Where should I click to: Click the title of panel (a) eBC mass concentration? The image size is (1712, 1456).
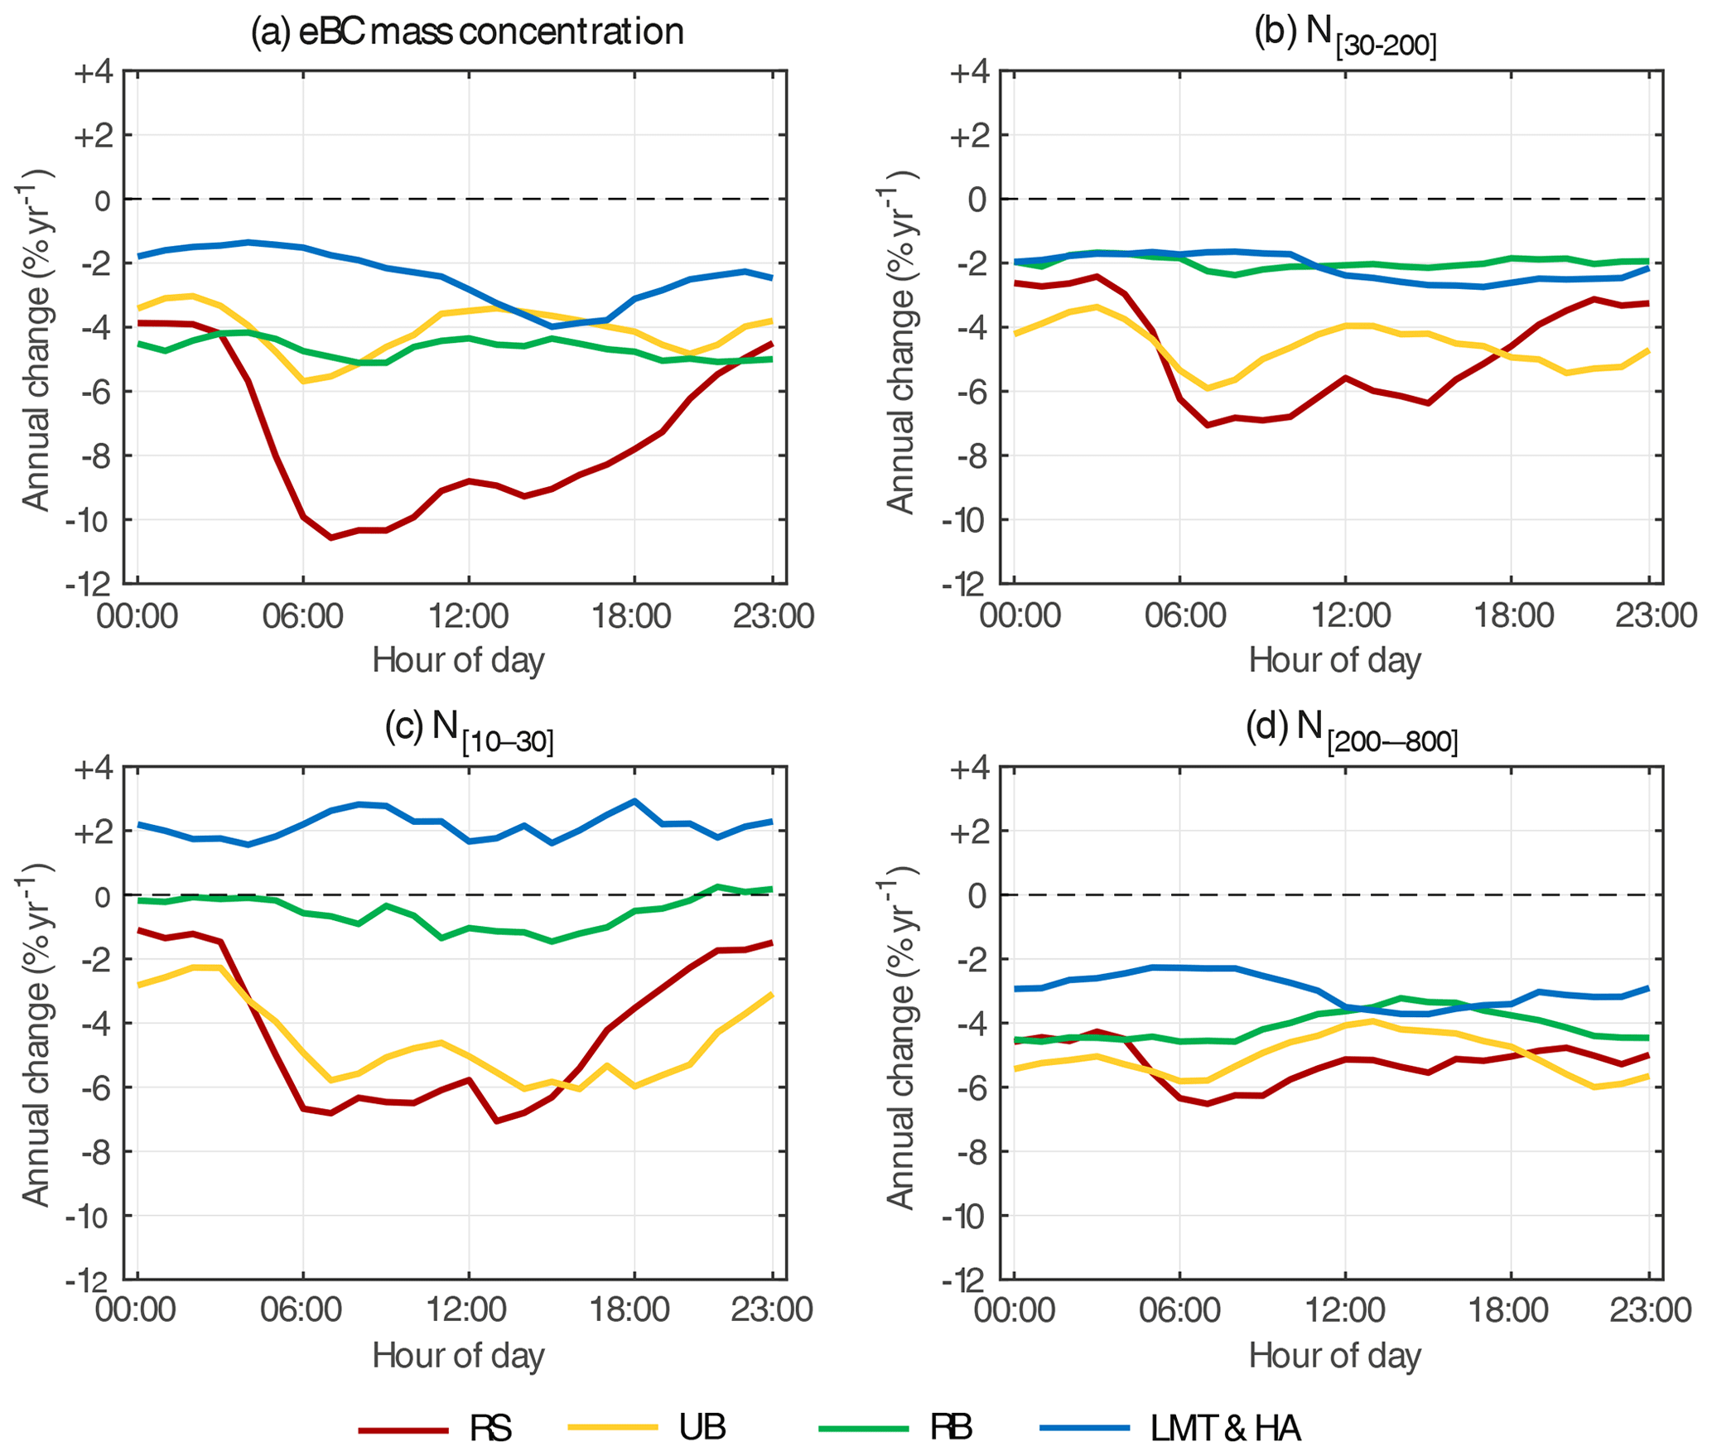click(467, 31)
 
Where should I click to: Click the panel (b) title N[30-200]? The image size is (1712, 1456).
click(1345, 35)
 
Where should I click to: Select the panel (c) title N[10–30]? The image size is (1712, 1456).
click(469, 730)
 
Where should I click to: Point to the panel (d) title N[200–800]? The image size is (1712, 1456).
click(1352, 730)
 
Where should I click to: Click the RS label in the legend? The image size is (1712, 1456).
click(490, 1428)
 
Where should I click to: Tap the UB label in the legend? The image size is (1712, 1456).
click(702, 1426)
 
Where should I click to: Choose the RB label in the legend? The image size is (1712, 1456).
click(951, 1426)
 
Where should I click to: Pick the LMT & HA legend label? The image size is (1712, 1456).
click(1225, 1428)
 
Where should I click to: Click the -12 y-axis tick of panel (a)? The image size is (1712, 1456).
click(89, 585)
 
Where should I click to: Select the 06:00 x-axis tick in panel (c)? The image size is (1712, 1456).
click(301, 1310)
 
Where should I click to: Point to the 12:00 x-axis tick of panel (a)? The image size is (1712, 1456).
click(468, 616)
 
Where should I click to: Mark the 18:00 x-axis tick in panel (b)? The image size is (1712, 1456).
click(1512, 616)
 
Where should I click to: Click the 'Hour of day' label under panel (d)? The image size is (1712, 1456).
click(1334, 1356)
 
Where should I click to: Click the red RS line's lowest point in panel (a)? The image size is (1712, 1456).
click(331, 538)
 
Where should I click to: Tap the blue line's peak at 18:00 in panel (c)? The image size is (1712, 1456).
click(634, 800)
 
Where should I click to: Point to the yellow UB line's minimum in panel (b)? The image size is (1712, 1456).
click(1208, 388)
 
